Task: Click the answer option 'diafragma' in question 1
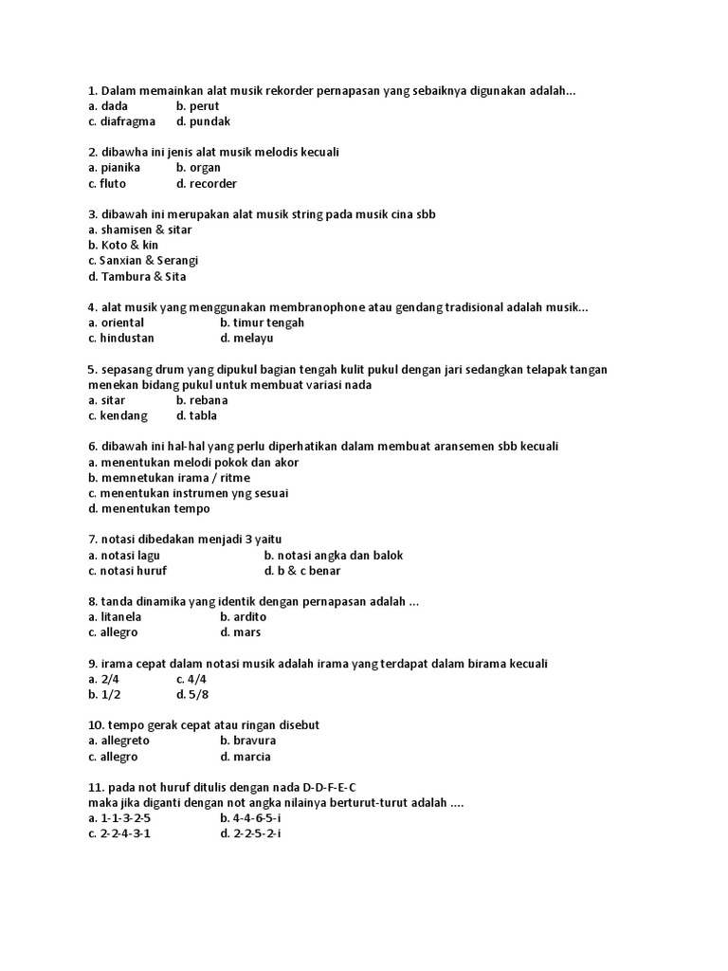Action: pos(128,121)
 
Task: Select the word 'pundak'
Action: pos(209,121)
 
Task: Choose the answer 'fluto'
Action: pos(113,183)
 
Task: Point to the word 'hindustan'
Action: pos(127,338)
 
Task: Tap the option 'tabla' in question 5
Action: pos(203,415)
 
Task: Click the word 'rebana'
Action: pos(209,400)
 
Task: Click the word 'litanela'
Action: pos(120,616)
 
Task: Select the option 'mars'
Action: pos(246,632)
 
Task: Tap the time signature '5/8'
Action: pos(196,694)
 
